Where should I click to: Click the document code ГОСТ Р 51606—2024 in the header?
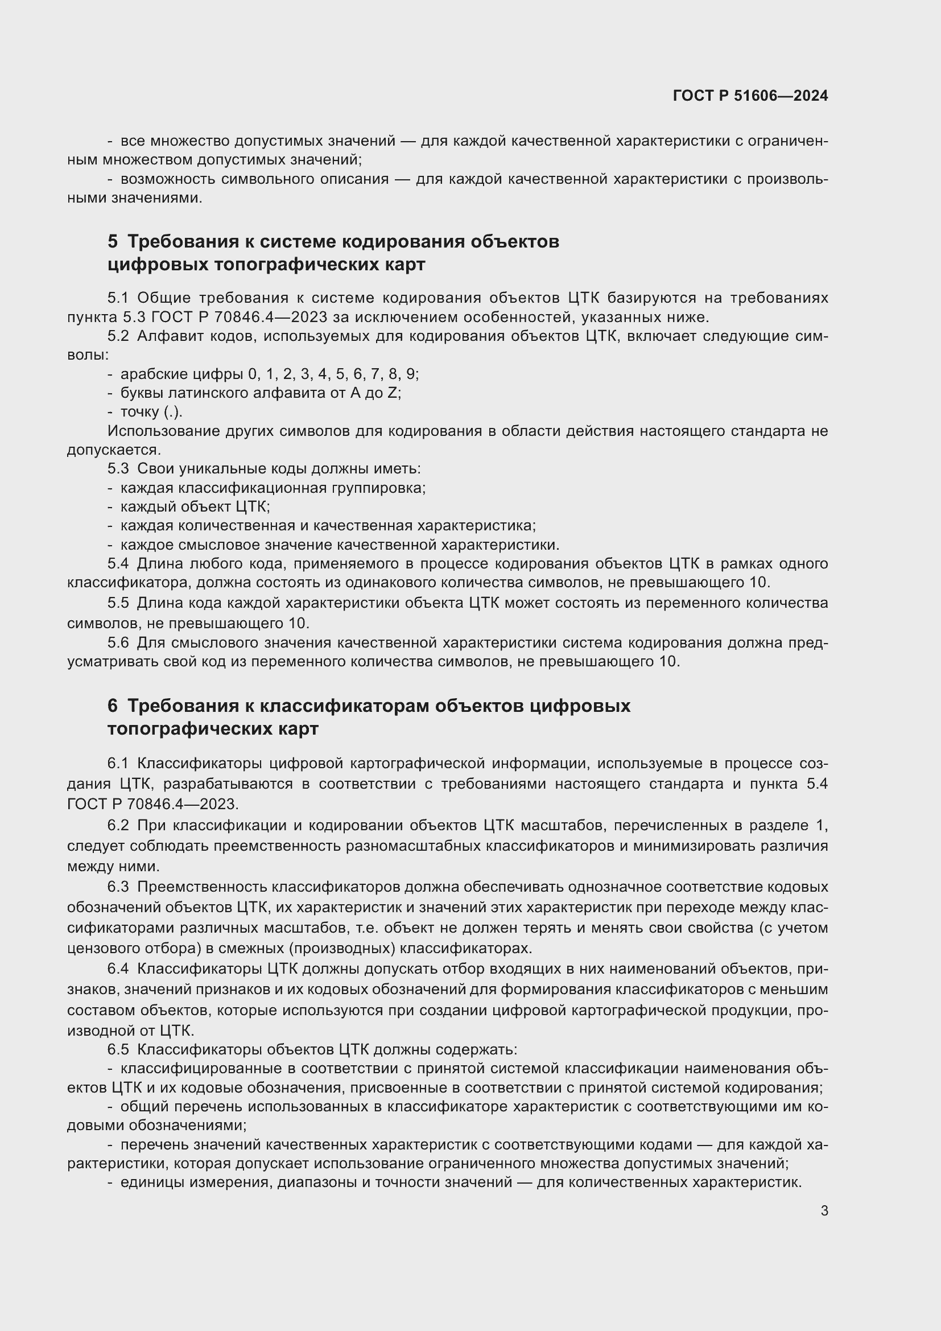click(x=750, y=96)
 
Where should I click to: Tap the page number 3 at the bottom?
click(x=824, y=1210)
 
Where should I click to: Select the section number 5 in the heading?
click(x=113, y=241)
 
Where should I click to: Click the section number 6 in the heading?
click(x=113, y=706)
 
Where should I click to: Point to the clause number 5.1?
click(x=117, y=298)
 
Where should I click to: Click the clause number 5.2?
click(x=117, y=336)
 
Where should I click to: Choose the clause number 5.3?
click(x=117, y=468)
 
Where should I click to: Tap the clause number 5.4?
click(x=117, y=563)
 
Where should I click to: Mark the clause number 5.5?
click(x=117, y=603)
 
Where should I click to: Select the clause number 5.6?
click(x=117, y=642)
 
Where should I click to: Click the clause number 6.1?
click(x=117, y=764)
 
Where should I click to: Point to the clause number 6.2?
click(x=117, y=825)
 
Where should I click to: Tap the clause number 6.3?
click(x=117, y=887)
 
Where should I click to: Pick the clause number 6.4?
click(x=117, y=969)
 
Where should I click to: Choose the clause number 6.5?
click(x=117, y=1049)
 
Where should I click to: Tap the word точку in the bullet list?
click(x=139, y=412)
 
